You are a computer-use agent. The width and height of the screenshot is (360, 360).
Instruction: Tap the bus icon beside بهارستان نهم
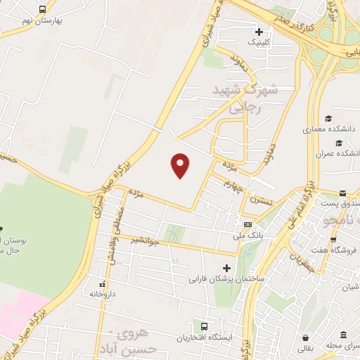click(44, 9)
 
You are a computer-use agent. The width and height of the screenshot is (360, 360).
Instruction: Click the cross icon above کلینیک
click(259, 32)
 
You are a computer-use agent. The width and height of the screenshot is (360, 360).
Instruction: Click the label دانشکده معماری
click(329, 129)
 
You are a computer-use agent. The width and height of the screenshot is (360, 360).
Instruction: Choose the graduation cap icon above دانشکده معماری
click(328, 118)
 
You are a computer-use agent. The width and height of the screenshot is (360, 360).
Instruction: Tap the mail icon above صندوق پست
click(342, 193)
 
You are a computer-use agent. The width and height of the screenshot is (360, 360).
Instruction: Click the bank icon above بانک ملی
click(247, 223)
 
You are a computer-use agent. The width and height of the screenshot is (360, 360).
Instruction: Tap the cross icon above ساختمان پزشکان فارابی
click(226, 267)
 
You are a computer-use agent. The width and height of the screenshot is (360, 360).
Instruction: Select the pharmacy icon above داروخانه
click(102, 285)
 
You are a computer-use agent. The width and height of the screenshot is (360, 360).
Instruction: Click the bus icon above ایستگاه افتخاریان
click(204, 327)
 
